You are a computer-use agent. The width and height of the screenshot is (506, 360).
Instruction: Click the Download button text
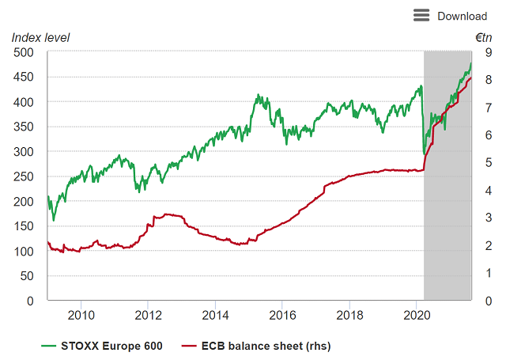462,16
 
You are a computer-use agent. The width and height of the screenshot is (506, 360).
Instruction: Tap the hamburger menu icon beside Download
421,16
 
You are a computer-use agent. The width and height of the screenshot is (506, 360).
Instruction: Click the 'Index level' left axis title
40,37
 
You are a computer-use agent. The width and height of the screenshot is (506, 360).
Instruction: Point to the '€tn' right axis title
483,37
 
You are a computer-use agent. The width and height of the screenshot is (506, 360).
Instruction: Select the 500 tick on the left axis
25,52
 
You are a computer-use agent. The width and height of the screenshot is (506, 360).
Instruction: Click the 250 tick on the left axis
25,176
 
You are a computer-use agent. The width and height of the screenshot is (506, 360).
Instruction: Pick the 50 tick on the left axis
28,276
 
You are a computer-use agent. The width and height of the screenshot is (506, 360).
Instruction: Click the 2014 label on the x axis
217,316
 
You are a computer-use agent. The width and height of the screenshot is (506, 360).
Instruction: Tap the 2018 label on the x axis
350,316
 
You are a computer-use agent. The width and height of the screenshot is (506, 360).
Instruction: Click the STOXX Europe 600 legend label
111,346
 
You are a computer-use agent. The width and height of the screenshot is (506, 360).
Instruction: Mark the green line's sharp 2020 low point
425,152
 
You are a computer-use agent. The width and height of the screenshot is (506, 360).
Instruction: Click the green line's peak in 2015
258,96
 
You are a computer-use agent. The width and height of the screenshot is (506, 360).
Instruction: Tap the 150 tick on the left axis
25,226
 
